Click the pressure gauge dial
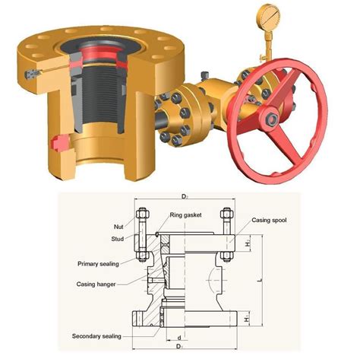point(271,15)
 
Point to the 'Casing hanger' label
point(95,284)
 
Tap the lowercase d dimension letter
point(178,337)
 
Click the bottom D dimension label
point(182,348)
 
